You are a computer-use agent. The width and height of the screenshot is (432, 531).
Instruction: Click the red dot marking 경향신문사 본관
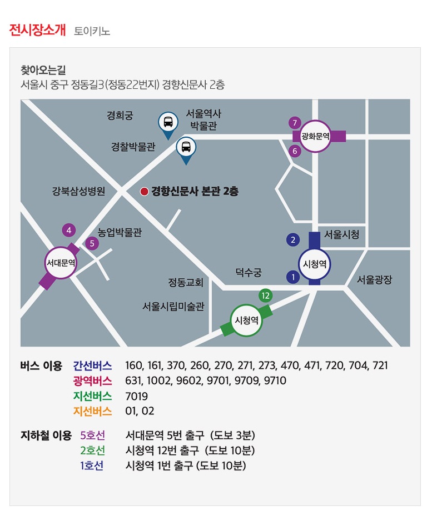pyautogui.click(x=144, y=192)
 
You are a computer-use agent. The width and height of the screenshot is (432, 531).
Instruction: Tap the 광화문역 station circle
pyautogui.click(x=315, y=137)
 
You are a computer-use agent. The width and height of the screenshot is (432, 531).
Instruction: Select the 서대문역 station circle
pyautogui.click(x=61, y=263)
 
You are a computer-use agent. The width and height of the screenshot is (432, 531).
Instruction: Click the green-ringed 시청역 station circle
pyautogui.click(x=246, y=320)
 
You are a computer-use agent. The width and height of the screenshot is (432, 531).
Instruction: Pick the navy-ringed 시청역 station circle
pyautogui.click(x=314, y=264)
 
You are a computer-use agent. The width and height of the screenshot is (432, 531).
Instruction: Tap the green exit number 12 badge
pyautogui.click(x=266, y=295)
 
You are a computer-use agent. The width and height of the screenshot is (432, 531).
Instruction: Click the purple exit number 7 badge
pyautogui.click(x=295, y=123)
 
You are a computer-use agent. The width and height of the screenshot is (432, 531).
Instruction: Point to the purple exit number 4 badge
pyautogui.click(x=69, y=231)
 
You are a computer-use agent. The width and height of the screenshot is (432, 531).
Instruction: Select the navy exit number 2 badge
pyautogui.click(x=293, y=240)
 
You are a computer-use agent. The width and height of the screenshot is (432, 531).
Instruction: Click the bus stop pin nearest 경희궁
pyautogui.click(x=168, y=124)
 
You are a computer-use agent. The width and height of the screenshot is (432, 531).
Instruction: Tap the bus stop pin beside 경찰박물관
pyautogui.click(x=186, y=149)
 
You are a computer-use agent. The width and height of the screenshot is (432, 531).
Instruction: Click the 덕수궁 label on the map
pyautogui.click(x=249, y=272)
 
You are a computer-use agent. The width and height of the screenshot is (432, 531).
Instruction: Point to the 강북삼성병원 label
pyautogui.click(x=78, y=191)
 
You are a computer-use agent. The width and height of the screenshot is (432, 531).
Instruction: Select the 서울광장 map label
pyautogui.click(x=374, y=280)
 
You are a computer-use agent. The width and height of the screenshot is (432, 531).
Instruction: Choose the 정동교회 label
pyautogui.click(x=186, y=282)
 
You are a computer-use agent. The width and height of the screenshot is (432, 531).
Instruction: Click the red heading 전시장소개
pyautogui.click(x=37, y=30)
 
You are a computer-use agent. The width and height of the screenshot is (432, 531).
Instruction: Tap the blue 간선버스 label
pyautogui.click(x=92, y=365)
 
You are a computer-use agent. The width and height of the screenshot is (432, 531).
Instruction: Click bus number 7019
pyautogui.click(x=136, y=396)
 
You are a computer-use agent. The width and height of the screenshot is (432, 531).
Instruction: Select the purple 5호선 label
pyautogui.click(x=92, y=435)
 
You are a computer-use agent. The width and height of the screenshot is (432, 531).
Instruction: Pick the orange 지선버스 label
pyautogui.click(x=92, y=411)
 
